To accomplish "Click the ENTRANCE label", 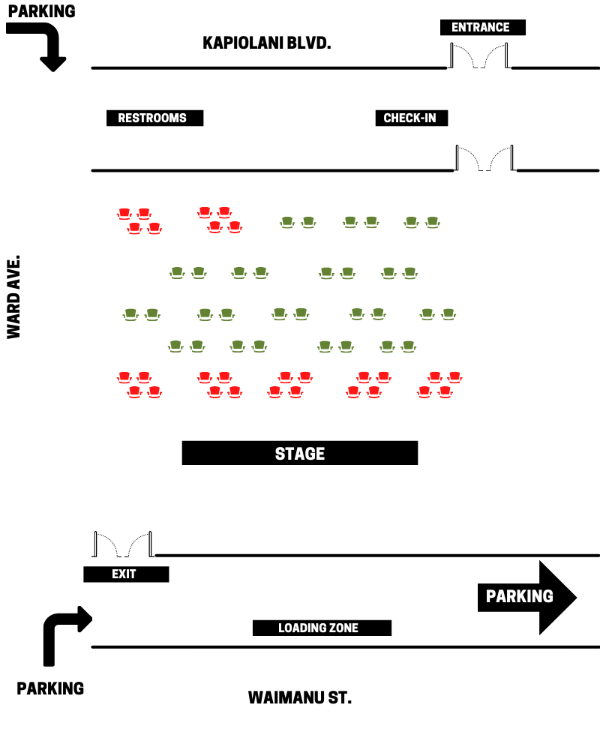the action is click(483, 27).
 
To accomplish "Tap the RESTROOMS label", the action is click(154, 118).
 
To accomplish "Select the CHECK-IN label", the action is click(412, 118).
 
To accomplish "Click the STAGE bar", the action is click(300, 453).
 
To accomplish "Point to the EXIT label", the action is click(126, 574).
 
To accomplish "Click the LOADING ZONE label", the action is click(322, 628).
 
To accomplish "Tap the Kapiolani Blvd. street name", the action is click(267, 43).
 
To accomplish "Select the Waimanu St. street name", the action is click(300, 697).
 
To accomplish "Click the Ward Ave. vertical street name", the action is click(14, 297).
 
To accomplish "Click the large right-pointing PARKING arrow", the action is click(527, 598).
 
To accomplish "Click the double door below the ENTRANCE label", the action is click(479, 55).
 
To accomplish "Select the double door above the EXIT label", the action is click(123, 544).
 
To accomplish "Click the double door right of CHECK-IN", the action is click(484, 157).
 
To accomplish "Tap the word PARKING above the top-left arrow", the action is click(42, 11).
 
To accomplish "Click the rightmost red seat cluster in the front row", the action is click(439, 385).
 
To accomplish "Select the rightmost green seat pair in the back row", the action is click(421, 223).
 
